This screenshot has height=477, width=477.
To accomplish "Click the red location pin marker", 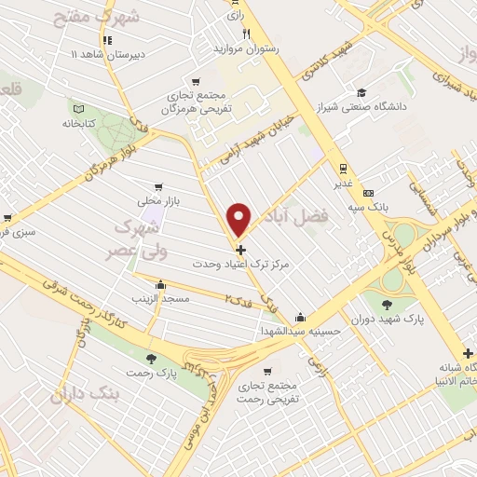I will click(x=240, y=219).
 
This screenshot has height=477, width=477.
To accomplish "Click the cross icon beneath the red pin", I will click(x=241, y=250).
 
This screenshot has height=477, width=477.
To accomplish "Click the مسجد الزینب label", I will click(x=163, y=298).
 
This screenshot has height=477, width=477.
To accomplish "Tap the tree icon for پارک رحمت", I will click(x=151, y=358).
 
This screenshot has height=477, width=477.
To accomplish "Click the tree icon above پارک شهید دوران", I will click(x=387, y=302).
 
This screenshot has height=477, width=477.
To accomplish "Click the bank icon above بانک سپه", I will click(x=369, y=184).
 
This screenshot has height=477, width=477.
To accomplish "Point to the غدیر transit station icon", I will click(x=344, y=169).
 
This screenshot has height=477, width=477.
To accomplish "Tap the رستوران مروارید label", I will click(x=246, y=48).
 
